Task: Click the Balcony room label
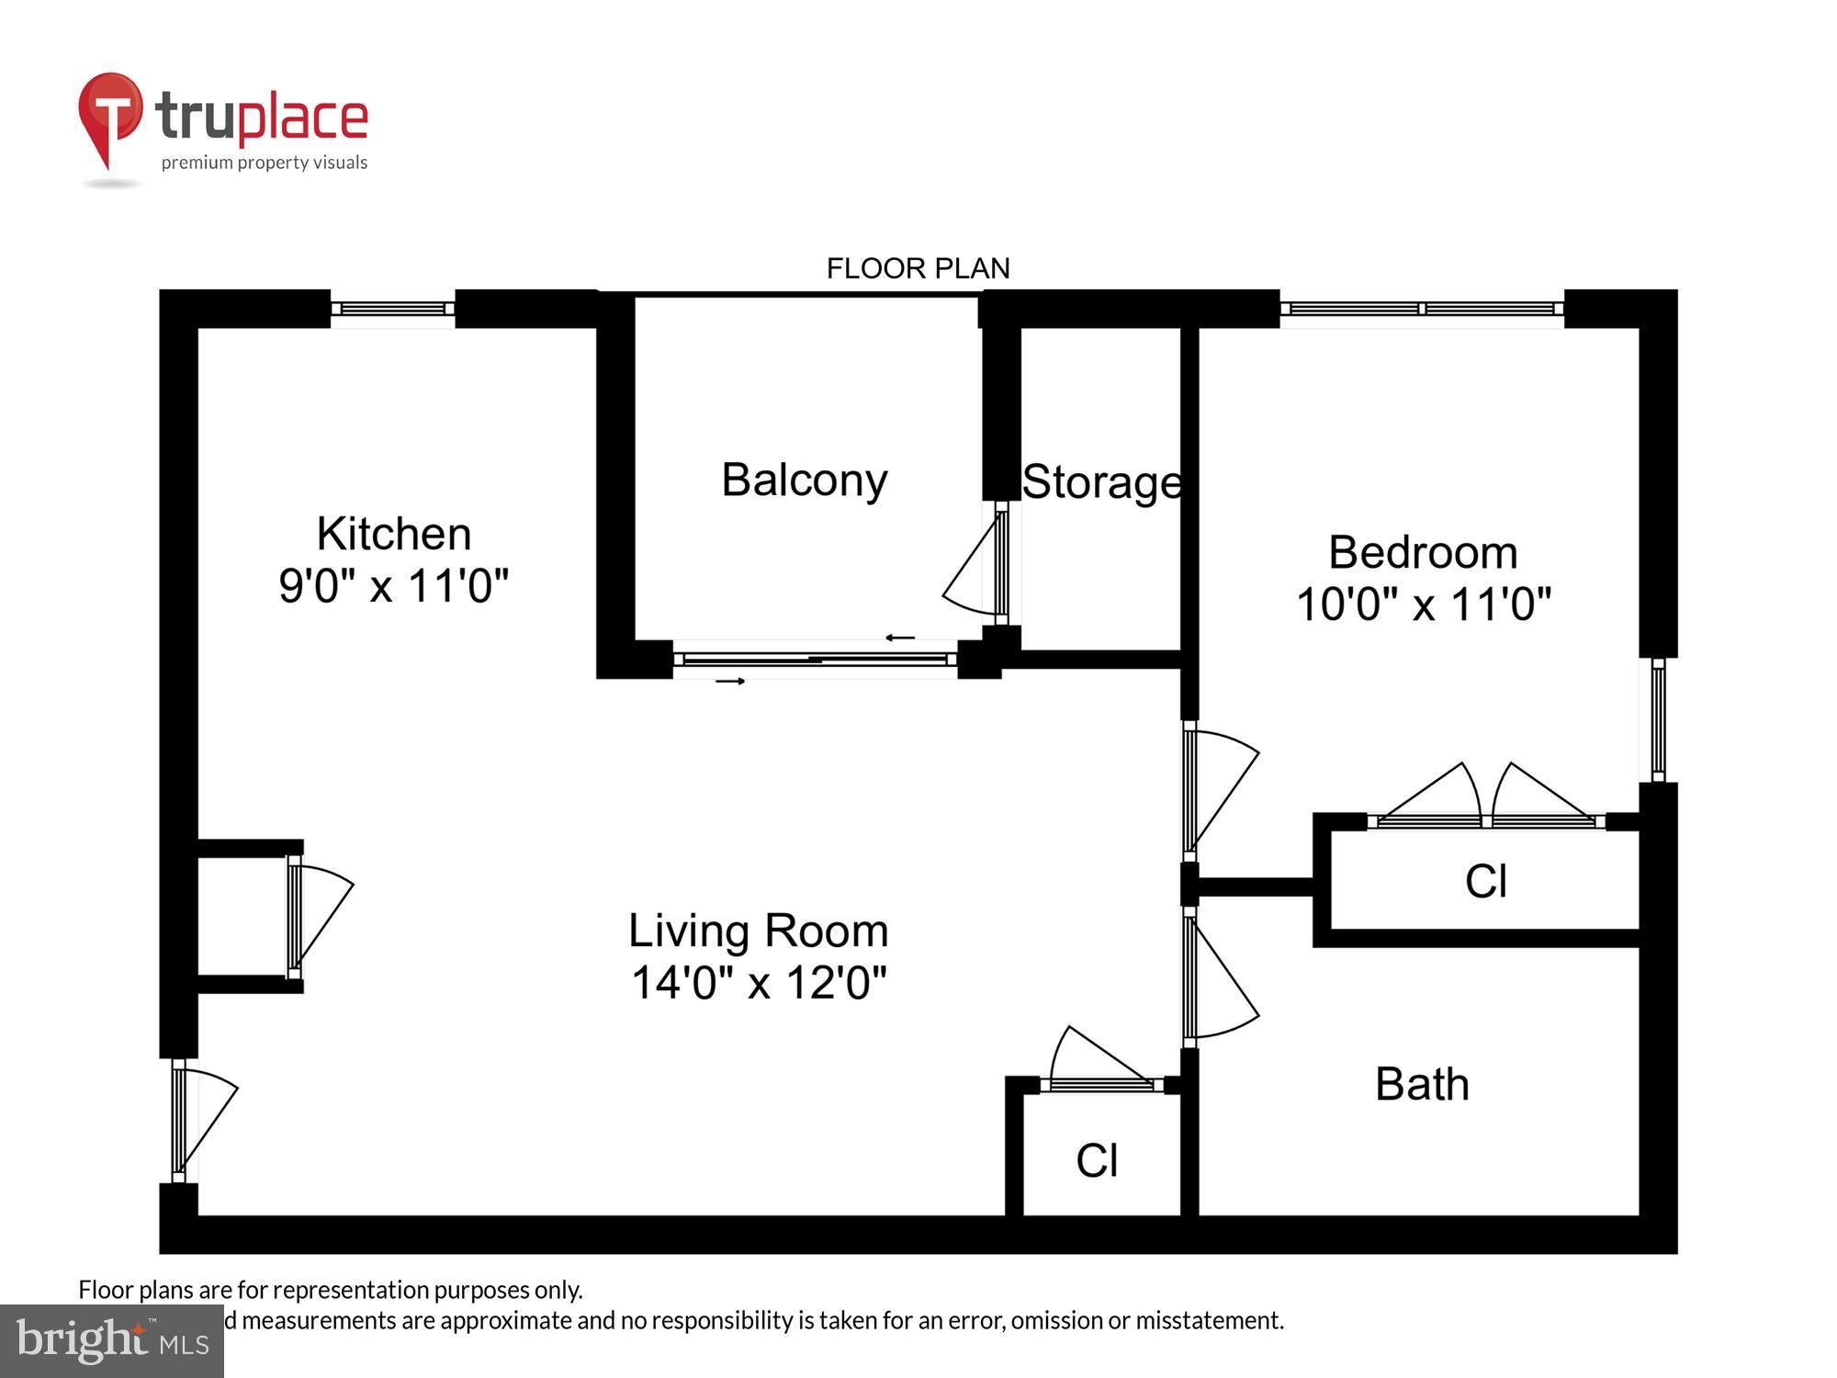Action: click(805, 480)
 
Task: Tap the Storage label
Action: click(1101, 482)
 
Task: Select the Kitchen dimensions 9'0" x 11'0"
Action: click(393, 586)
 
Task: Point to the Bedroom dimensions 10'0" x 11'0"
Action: click(1423, 605)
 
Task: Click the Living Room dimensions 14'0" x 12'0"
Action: click(759, 983)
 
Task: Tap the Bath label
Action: click(1422, 1085)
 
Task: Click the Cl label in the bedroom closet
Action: click(1485, 882)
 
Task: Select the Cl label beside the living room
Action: click(1097, 1161)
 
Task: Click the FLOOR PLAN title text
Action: click(918, 268)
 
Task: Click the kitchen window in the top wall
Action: click(392, 310)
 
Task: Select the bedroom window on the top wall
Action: click(1421, 310)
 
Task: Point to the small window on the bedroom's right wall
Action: click(1658, 720)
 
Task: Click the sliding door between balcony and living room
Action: click(815, 659)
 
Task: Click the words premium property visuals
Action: click(265, 163)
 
